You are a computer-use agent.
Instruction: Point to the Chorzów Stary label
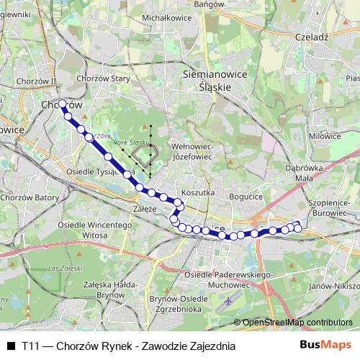pos(102,78)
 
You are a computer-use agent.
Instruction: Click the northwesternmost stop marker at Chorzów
pos(63,104)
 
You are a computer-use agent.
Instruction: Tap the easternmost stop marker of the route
pos(297,229)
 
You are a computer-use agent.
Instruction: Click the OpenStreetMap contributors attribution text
pos(297,323)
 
